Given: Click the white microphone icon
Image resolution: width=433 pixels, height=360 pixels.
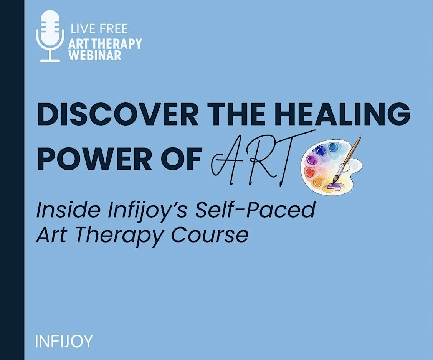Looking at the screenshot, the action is point(50,36).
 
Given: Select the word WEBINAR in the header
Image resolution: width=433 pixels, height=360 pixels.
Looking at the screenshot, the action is point(95,55).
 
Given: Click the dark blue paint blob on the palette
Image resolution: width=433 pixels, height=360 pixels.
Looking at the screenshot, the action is point(321,151).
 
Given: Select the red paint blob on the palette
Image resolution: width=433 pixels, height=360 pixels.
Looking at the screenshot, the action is point(310,173).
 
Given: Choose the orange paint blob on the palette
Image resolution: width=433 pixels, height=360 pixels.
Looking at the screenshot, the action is point(318,182).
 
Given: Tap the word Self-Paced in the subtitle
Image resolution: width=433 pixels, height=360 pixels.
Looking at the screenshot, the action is point(255,210).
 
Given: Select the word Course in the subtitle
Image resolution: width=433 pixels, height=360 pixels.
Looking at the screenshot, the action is point(210,235).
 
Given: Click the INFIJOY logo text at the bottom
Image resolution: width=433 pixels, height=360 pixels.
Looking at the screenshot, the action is point(64,341).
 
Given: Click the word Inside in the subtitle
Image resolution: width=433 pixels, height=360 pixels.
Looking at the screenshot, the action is point(68,210).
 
